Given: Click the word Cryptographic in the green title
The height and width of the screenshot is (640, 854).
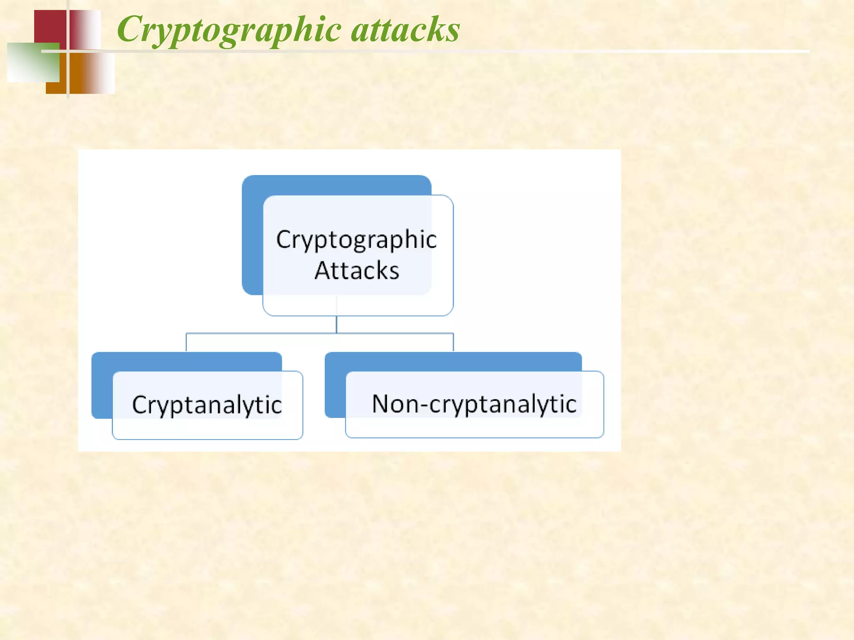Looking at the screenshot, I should point(229,30).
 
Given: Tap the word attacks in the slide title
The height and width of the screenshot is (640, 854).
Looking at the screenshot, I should point(405,30).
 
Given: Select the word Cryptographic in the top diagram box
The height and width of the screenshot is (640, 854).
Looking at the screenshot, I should point(357,240).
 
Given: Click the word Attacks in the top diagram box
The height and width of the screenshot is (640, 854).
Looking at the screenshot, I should point(357,271).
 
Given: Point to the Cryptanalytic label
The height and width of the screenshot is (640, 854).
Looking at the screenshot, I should point(207,405).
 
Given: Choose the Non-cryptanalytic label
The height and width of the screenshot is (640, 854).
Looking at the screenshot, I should point(474,404).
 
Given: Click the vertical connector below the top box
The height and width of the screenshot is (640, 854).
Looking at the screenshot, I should point(337,325).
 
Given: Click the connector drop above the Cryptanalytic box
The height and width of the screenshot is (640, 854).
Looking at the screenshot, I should point(186,342).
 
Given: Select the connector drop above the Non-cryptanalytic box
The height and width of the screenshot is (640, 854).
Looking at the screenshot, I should point(453,342).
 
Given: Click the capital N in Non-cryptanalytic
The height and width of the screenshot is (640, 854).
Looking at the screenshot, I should point(382,403).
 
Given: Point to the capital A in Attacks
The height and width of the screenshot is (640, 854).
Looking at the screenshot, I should point(324,271).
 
